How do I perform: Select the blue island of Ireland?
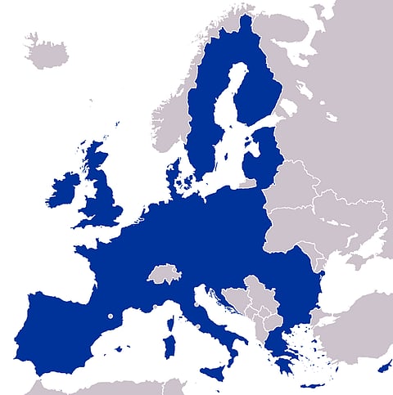pos(64,191)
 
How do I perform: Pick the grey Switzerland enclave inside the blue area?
pos(163,273)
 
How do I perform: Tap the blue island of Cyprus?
pos(384,364)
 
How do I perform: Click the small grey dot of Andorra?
pos(109,316)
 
